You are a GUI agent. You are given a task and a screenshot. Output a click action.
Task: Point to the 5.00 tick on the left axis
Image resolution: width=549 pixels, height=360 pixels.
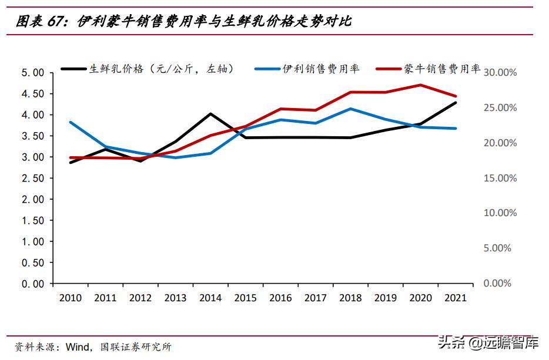click(33, 73)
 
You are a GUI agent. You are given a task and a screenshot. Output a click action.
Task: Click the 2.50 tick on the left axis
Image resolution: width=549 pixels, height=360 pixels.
click(33, 179)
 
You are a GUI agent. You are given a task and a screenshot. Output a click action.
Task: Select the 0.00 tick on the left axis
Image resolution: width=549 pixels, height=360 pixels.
click(33, 284)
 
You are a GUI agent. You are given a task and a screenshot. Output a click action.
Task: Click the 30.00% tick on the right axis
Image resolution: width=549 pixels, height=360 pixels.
click(500, 73)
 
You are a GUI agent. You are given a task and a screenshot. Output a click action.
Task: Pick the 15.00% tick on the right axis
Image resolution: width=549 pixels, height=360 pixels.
click(500, 179)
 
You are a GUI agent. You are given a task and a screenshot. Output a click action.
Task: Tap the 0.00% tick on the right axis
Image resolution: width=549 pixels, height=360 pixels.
click(500, 284)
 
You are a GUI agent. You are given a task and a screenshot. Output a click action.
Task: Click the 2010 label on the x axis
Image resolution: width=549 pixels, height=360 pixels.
click(71, 298)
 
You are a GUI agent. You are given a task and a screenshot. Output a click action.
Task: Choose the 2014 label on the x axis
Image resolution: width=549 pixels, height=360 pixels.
click(210, 298)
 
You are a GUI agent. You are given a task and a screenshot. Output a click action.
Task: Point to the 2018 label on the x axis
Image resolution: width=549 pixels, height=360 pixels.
click(350, 298)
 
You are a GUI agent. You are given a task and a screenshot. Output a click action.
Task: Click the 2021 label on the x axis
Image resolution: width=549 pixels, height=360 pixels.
click(456, 298)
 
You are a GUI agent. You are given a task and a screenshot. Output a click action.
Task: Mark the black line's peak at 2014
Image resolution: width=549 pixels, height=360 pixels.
click(210, 114)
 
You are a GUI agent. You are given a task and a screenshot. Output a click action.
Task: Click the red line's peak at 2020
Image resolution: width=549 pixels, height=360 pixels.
click(421, 85)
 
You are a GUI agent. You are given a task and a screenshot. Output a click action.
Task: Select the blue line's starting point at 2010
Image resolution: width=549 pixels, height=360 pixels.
click(71, 122)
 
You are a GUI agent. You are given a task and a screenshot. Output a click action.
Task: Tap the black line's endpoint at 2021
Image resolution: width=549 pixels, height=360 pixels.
click(456, 103)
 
